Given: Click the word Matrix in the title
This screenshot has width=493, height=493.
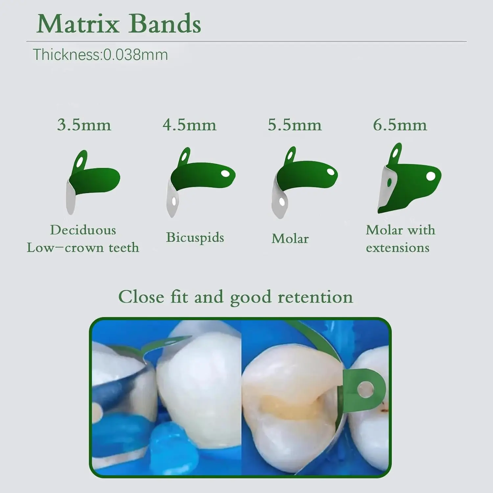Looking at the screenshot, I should pos(78,24).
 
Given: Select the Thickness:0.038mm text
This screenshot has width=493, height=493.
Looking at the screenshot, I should pos(100,55).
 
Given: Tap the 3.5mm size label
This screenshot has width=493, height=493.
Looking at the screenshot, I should pos(84,125).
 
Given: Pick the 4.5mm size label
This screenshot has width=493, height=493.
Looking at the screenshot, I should pos(189,125).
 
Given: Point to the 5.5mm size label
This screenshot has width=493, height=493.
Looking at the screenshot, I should pos(294,125).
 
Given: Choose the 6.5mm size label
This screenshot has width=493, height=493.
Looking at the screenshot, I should pos(400,125).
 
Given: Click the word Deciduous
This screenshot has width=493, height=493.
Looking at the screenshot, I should pos(83,230).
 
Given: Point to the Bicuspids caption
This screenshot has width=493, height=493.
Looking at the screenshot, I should pos(195,237).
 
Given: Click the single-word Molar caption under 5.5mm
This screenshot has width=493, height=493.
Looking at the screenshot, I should pos(290,239).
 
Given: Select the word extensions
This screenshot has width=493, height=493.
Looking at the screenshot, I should pos(398,247).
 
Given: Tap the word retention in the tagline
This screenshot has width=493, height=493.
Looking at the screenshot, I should pos(315,297).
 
